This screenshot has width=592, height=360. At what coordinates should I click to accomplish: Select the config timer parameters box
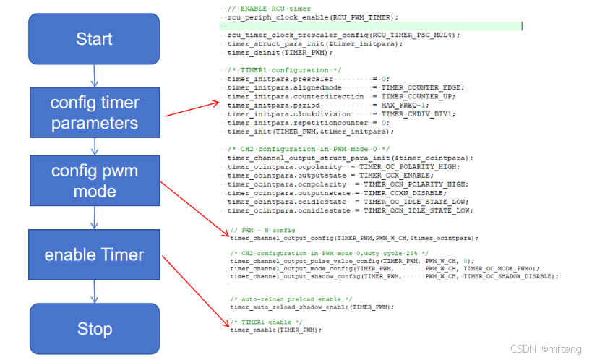(94, 112)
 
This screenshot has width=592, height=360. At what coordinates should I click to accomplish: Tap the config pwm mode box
(94, 181)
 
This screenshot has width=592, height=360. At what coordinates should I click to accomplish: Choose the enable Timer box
(94, 254)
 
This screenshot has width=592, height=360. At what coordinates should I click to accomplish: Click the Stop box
(94, 329)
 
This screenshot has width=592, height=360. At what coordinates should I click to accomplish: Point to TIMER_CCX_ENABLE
(401, 176)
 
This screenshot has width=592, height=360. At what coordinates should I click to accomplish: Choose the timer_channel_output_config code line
(354, 237)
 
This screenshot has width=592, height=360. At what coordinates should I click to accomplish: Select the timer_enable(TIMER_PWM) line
(275, 330)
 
